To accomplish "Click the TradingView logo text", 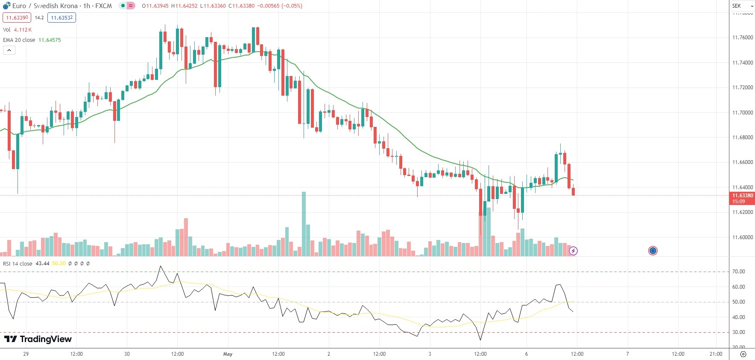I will click(x=38, y=339).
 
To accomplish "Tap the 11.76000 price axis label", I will click(x=742, y=38).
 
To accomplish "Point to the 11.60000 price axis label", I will click(x=742, y=237).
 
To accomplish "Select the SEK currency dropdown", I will click(x=742, y=6).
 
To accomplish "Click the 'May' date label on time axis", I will click(x=228, y=354).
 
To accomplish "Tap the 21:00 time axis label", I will click(x=716, y=354).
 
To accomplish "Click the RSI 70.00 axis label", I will click(x=738, y=272).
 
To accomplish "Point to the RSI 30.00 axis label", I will click(x=738, y=332).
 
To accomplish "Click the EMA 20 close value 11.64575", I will click(x=50, y=40).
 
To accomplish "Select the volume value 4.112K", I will click(x=23, y=30).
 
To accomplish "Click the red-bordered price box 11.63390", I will click(x=17, y=18).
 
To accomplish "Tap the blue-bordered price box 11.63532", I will click(x=62, y=18).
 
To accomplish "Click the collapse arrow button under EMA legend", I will click(x=9, y=50).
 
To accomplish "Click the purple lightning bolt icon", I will click(x=573, y=251).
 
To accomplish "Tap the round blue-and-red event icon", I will click(x=653, y=251).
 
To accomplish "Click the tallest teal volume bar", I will click(x=304, y=224).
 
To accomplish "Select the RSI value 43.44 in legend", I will click(x=42, y=263).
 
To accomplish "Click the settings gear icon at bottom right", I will click(x=743, y=354).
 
